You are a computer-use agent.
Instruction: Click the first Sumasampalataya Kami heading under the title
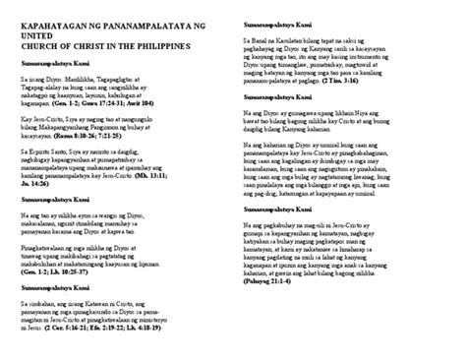[54, 62]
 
